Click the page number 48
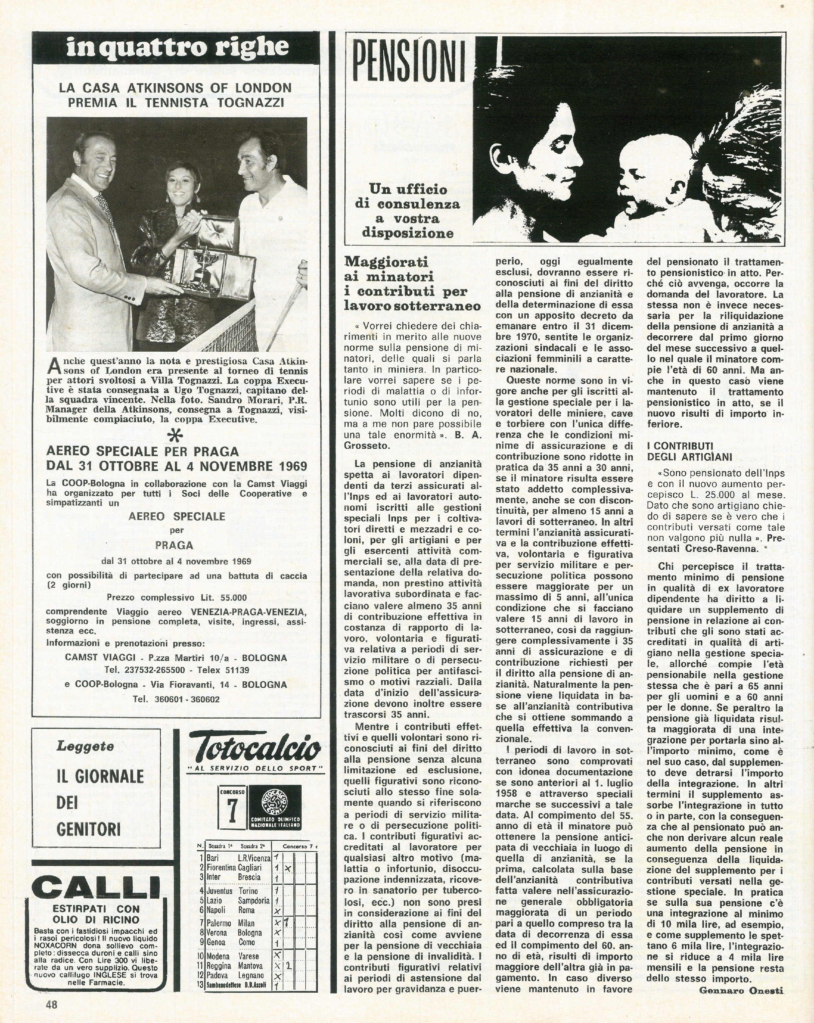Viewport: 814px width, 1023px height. coord(51,1004)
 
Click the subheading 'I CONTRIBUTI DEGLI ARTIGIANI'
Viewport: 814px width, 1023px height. coord(689,451)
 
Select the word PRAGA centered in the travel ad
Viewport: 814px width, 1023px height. coord(174,545)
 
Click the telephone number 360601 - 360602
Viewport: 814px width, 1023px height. coord(187,699)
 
